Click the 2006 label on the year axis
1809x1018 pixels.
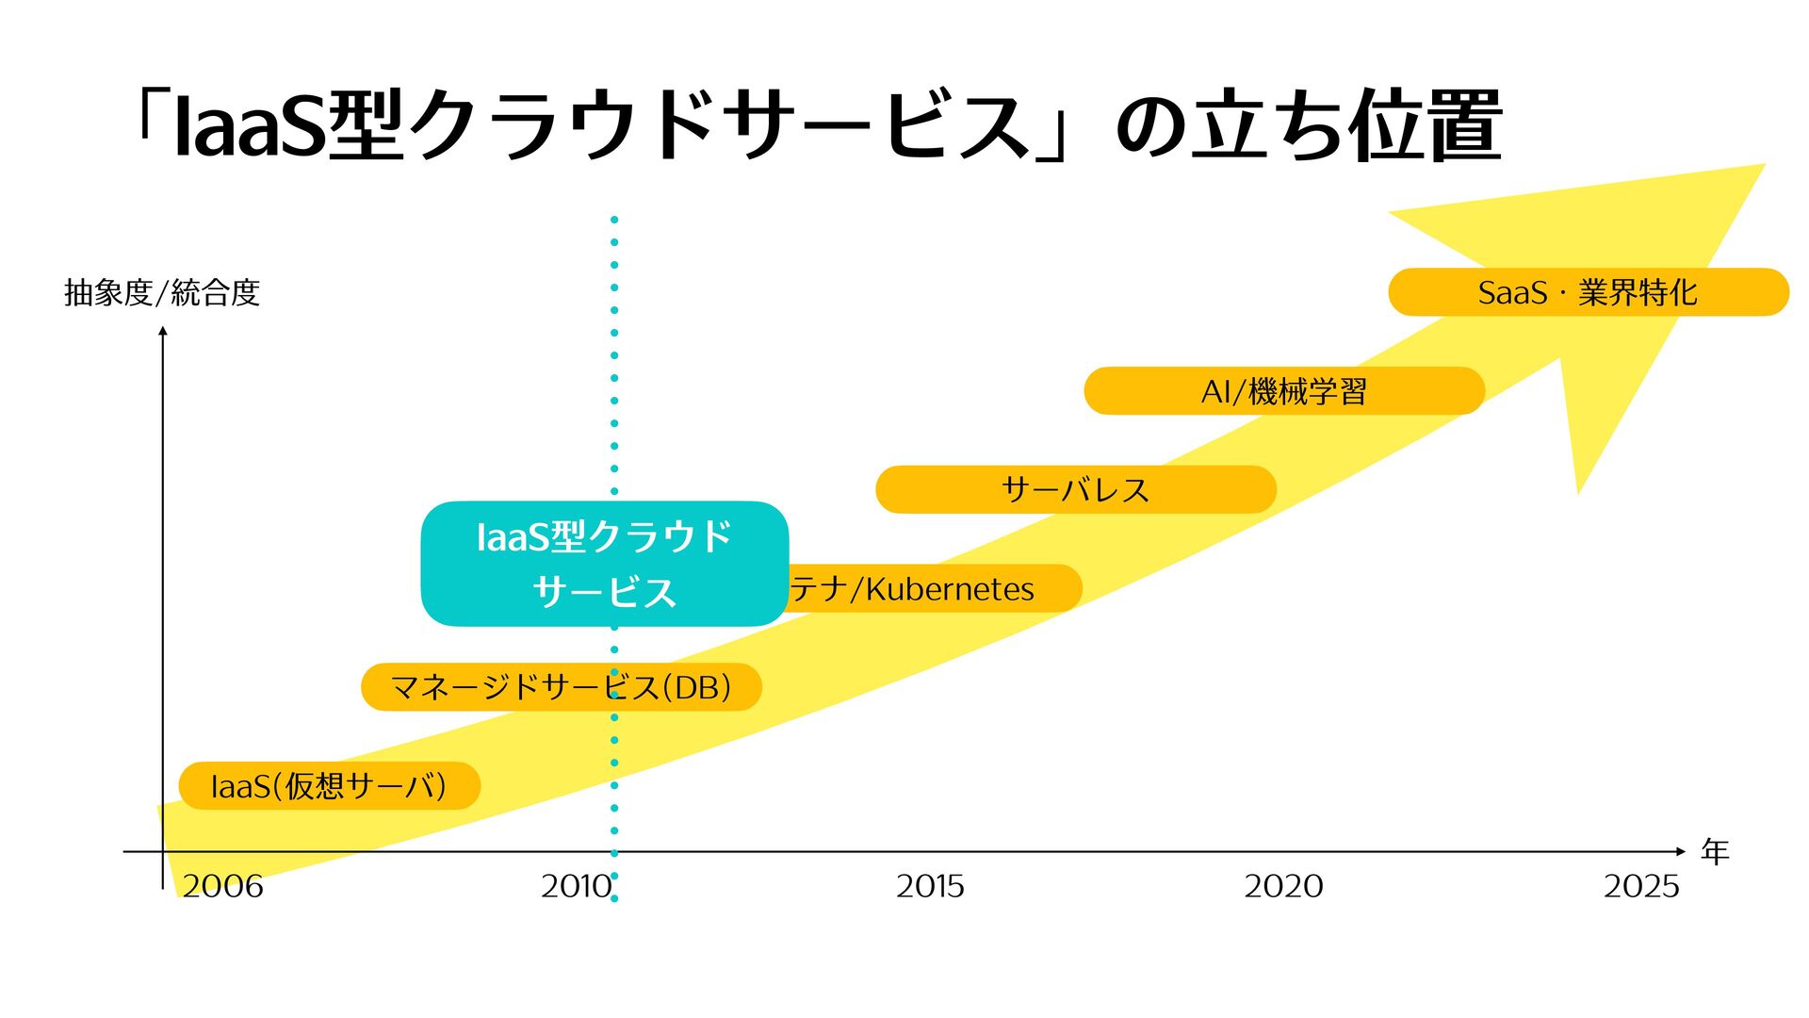222,886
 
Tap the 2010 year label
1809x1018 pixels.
576,886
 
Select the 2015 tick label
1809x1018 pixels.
930,886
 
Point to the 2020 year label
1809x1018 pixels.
1283,886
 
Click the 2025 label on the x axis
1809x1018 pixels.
1641,886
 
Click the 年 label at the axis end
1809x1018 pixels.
1715,852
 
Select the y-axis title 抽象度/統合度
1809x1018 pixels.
162,293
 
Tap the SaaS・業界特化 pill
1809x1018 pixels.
1588,292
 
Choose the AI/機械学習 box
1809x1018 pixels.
1284,391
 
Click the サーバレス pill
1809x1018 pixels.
1076,490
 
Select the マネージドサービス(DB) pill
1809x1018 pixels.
562,687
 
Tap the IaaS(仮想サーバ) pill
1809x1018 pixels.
329,786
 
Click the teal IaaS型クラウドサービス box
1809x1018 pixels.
604,564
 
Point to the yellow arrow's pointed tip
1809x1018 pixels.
1762,167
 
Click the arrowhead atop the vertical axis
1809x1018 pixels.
163,330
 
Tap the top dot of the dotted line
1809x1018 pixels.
614,220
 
